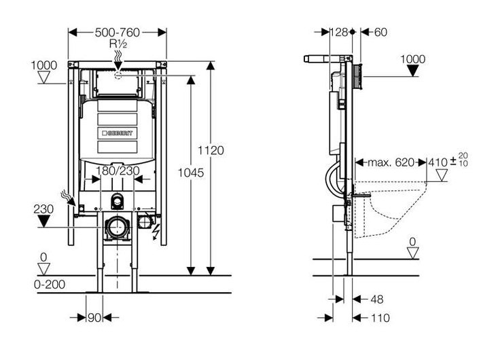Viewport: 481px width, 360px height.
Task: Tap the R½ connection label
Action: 118,43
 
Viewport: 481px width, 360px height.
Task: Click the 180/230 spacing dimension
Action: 118,170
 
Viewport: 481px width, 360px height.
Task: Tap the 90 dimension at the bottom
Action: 95,317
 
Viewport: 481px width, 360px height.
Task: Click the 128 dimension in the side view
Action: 338,32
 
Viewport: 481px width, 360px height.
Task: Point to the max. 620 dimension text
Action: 391,162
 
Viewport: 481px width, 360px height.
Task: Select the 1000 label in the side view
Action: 412,59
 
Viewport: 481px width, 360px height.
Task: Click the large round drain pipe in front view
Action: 119,225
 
